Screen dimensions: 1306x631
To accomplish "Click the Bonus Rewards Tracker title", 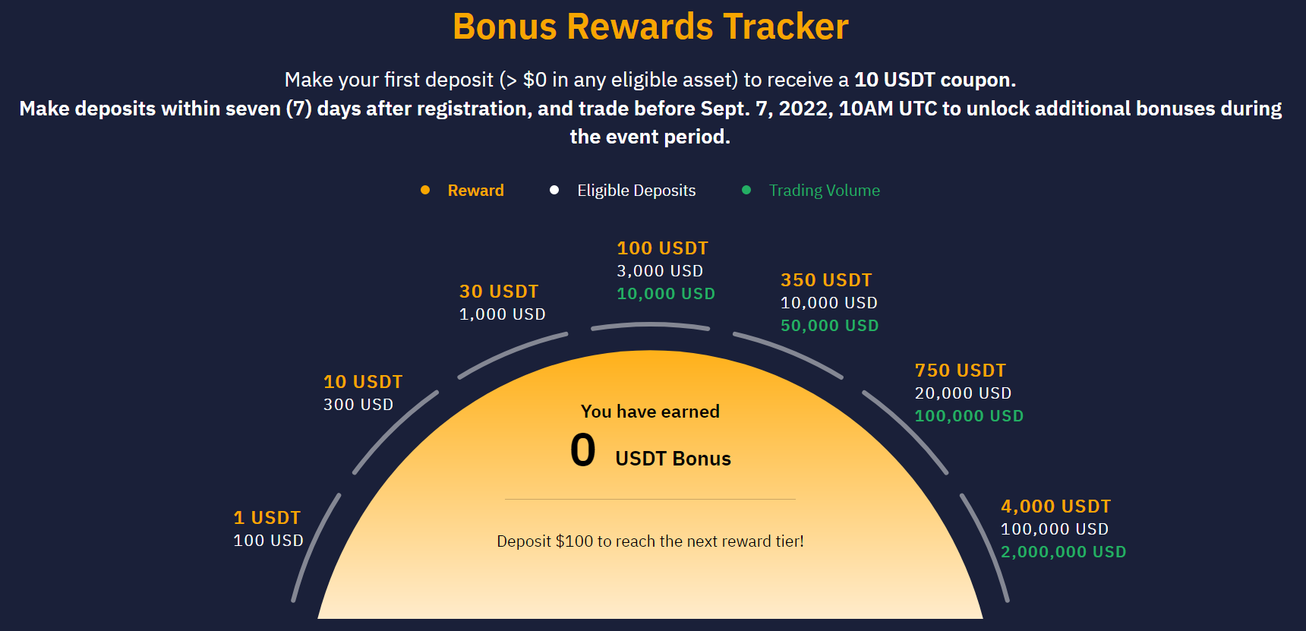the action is tap(651, 27).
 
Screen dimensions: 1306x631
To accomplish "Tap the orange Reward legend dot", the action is tap(425, 190).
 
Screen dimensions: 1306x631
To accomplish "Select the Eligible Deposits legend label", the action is tap(636, 191).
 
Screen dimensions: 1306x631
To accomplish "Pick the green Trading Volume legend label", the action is tap(825, 191).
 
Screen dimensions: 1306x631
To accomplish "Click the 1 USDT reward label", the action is tap(267, 518).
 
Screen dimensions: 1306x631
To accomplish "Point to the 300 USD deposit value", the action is tap(358, 405).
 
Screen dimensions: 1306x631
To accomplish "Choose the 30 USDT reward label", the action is tap(499, 292).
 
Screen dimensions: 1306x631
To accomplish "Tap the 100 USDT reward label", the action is tap(663, 248).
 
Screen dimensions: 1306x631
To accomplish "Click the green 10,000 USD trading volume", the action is tap(666, 294).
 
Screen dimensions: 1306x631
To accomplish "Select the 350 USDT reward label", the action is tap(827, 280).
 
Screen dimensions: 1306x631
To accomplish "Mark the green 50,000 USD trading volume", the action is tap(830, 326).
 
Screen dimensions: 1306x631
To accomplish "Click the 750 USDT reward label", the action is tap(961, 371).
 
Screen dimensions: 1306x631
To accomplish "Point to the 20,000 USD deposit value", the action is tap(964, 393).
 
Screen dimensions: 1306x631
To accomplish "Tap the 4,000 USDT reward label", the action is tap(1056, 506).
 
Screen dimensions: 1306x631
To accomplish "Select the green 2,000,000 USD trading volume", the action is tap(1064, 552).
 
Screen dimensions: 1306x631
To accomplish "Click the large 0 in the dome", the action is tap(583, 450).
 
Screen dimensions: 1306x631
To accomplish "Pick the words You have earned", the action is tap(651, 412).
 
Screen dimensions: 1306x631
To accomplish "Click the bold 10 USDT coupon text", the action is tap(935, 80).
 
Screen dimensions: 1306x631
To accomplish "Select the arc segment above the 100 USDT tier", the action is tap(651, 325).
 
